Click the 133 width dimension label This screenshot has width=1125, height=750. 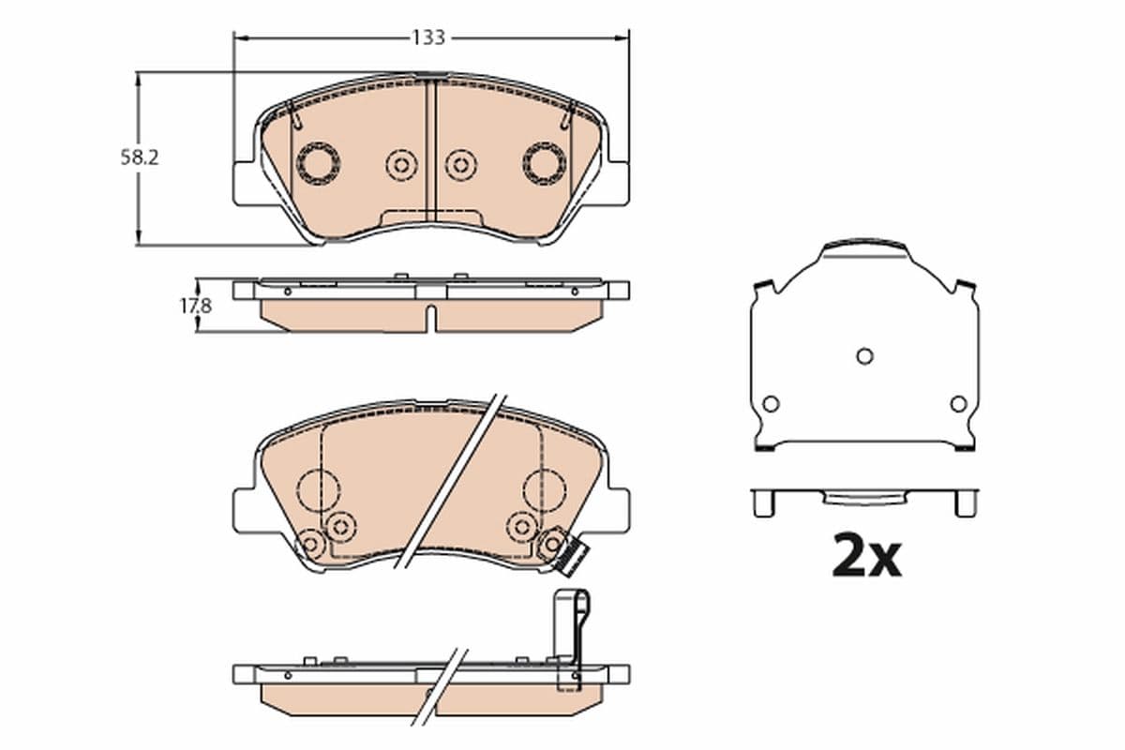pyautogui.click(x=428, y=37)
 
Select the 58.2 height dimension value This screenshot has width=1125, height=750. pyautogui.click(x=139, y=158)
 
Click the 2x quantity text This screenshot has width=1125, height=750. pyautogui.click(x=866, y=557)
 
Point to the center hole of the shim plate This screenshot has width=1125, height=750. pyautogui.click(x=864, y=356)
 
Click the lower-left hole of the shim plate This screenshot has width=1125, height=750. pyautogui.click(x=771, y=404)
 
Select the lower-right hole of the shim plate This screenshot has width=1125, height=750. pyautogui.click(x=958, y=404)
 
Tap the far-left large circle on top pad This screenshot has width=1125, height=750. pyautogui.click(x=318, y=163)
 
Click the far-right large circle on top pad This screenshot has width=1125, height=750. pyautogui.click(x=545, y=163)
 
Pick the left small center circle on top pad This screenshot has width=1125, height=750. pyautogui.click(x=401, y=165)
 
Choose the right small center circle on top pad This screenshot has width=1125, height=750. pyautogui.click(x=460, y=165)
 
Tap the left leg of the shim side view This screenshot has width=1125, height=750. pyautogui.click(x=764, y=503)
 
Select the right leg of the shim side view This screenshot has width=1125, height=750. pyautogui.click(x=965, y=503)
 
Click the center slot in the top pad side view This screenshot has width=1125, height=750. pyautogui.click(x=430, y=316)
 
